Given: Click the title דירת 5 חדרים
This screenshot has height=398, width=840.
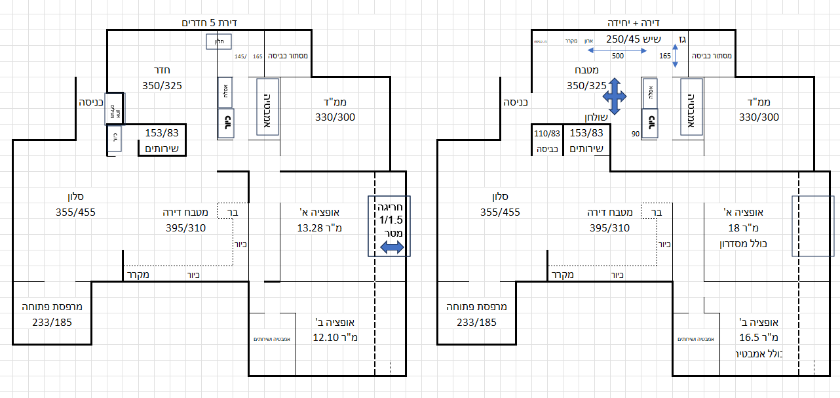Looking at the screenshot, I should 209,23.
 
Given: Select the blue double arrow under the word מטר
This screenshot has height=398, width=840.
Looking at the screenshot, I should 391,247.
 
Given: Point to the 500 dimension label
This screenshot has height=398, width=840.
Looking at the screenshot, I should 617,56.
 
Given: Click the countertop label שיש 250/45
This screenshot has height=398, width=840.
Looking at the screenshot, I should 631,39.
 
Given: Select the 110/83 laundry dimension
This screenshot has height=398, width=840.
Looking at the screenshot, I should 546,133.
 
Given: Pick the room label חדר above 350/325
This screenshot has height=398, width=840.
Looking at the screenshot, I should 162,71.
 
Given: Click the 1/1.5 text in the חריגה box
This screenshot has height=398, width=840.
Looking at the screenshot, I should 391,220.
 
